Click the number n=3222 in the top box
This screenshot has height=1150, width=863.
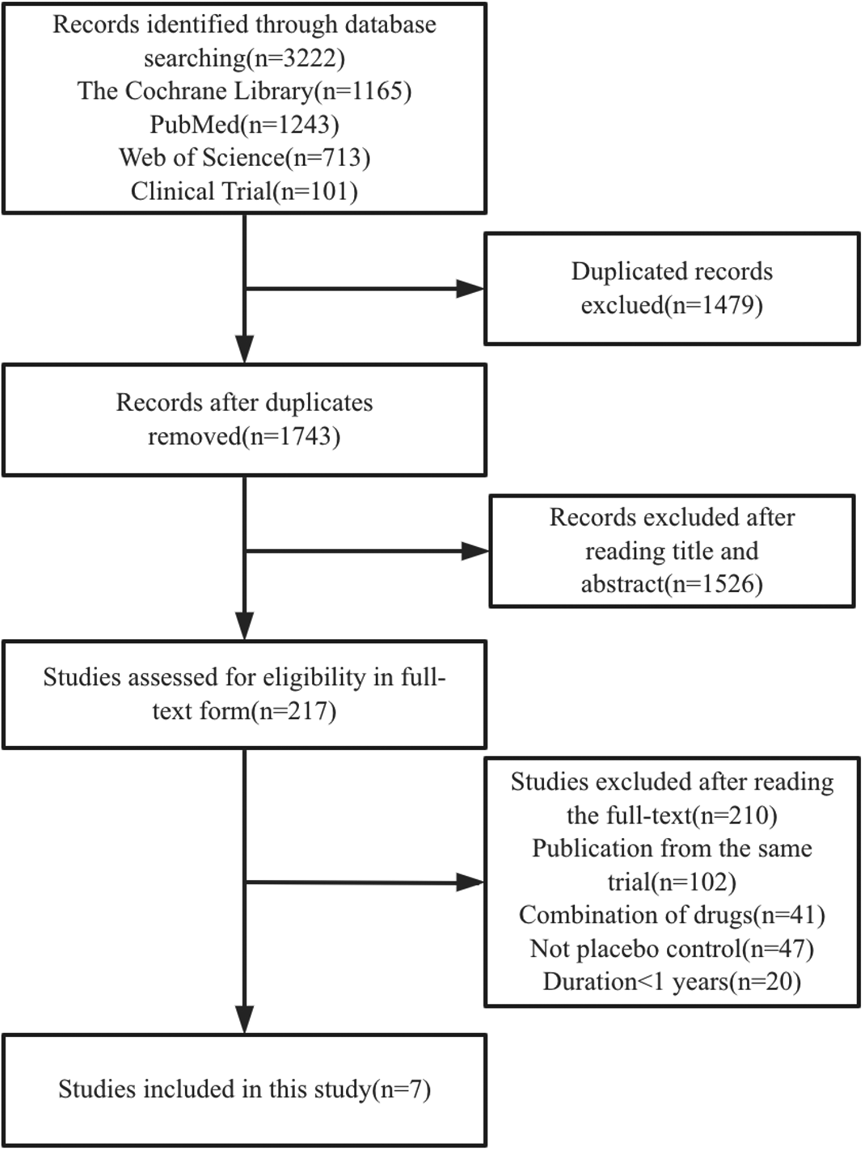pyautogui.click(x=309, y=58)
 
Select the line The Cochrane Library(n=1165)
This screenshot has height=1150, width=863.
pyautogui.click(x=245, y=91)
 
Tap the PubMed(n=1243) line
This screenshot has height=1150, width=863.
pyautogui.click(x=245, y=124)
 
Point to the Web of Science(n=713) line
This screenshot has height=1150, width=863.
pyautogui.click(x=245, y=158)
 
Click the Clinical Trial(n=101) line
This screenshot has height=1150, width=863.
pyautogui.click(x=245, y=191)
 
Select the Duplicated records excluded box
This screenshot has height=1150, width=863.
pyautogui.click(x=671, y=288)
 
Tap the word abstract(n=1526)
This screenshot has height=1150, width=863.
pyautogui.click(x=671, y=584)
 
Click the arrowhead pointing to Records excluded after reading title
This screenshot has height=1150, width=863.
pyautogui.click(x=475, y=551)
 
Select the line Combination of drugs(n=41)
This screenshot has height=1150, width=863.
pyautogui.click(x=671, y=915)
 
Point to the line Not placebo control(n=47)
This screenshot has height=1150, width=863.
pyautogui.click(x=671, y=948)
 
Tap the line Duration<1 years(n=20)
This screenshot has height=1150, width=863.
pyautogui.click(x=671, y=982)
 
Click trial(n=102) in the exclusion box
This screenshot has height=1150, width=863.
pyautogui.click(x=671, y=881)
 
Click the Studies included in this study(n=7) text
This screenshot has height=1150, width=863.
pyautogui.click(x=245, y=1089)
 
